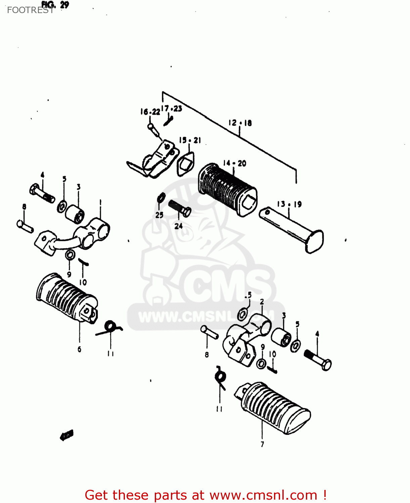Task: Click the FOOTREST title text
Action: click(30, 10)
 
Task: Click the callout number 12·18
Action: click(240, 123)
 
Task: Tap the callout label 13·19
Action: click(289, 204)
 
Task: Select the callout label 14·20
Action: click(234, 163)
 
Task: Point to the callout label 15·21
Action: click(190, 140)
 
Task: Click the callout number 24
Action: click(178, 226)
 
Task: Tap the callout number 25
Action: click(159, 215)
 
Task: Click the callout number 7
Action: click(262, 444)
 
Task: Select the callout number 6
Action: click(79, 349)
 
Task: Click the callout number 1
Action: click(100, 202)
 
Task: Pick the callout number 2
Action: click(262, 302)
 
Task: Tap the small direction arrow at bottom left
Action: click(66, 435)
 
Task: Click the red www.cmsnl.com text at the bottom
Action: click(263, 495)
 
